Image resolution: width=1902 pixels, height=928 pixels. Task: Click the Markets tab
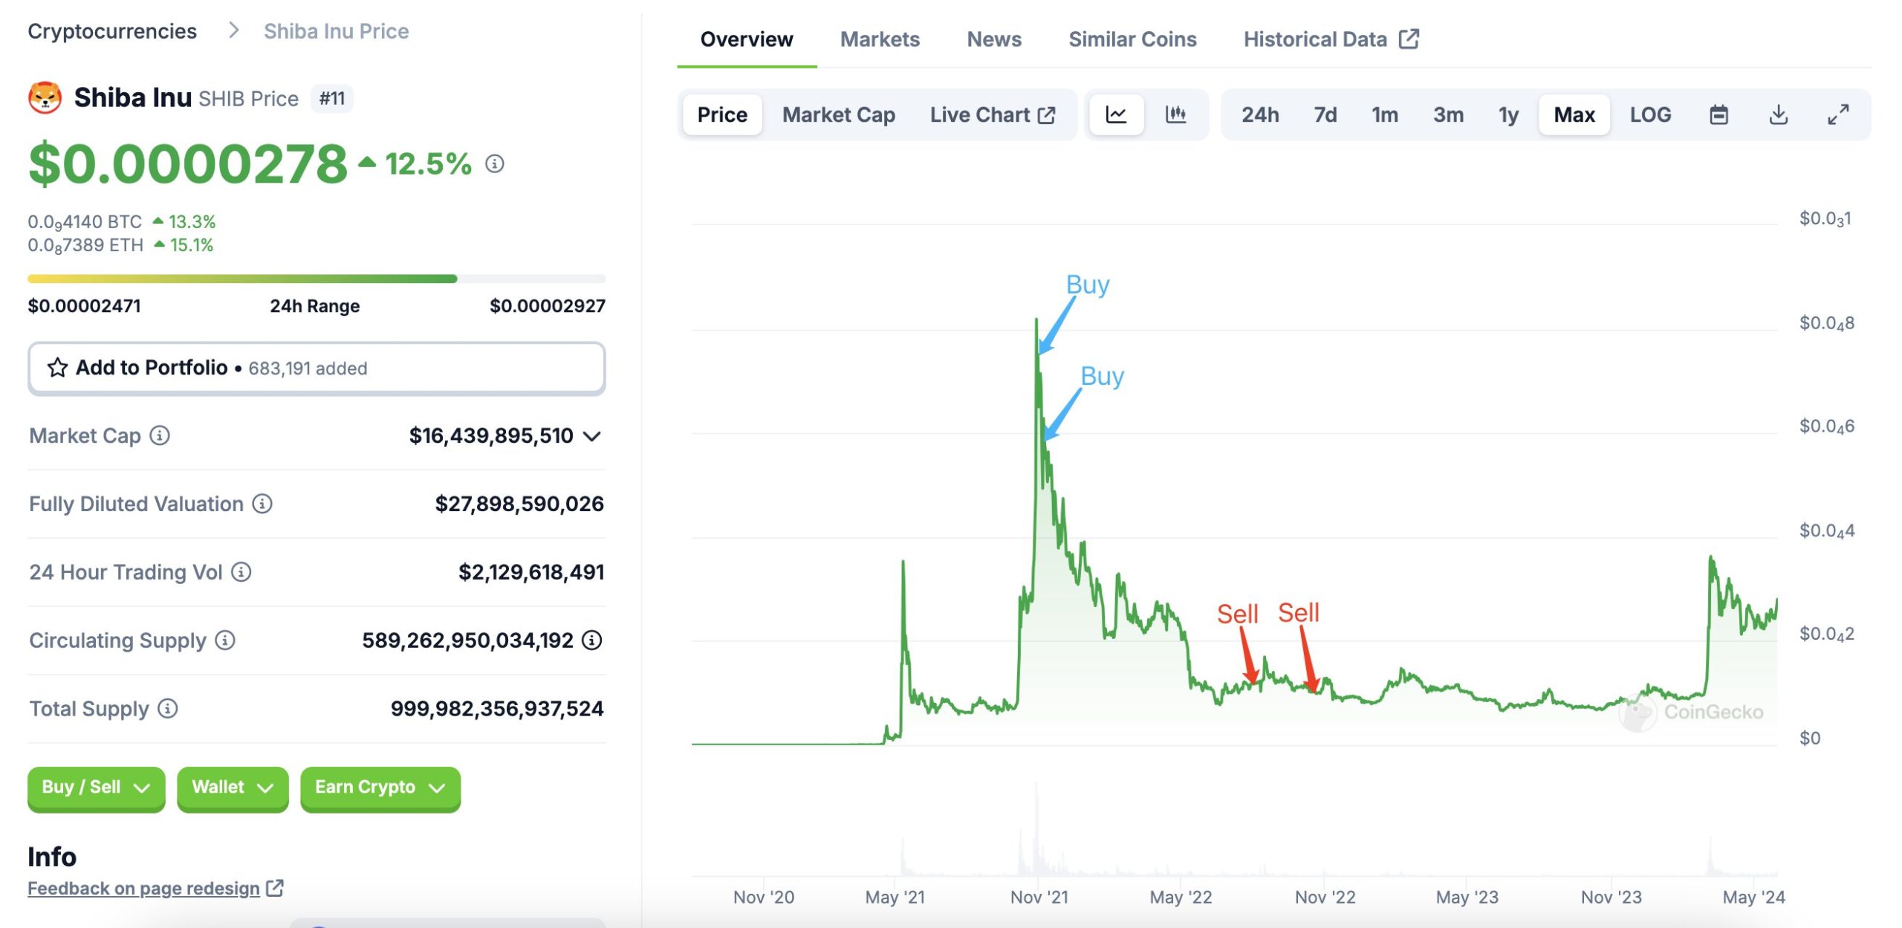(880, 39)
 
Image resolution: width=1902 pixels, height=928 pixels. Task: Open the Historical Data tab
(1331, 39)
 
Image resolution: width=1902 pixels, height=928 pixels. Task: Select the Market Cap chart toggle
(838, 115)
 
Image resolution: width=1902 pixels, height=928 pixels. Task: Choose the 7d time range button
(1325, 115)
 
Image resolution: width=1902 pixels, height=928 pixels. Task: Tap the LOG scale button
(1650, 115)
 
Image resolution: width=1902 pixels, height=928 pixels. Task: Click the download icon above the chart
(1778, 115)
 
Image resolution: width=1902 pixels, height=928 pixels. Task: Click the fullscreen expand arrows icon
(1838, 115)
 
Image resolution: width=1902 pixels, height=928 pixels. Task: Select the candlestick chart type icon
(1175, 114)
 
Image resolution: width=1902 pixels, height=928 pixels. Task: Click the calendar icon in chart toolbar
(1718, 115)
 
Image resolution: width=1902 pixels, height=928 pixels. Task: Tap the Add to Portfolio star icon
(57, 368)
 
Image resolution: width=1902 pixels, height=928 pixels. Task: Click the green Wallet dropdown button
(233, 788)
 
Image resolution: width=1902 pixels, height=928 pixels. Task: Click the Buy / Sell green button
(96, 788)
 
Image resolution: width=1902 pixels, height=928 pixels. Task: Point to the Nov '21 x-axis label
(1039, 898)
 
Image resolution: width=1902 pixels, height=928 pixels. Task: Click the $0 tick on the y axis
(1810, 738)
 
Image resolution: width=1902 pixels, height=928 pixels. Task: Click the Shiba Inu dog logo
(45, 98)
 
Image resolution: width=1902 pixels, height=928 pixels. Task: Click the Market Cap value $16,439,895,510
(491, 435)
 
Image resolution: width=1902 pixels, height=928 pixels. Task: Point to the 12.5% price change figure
(428, 164)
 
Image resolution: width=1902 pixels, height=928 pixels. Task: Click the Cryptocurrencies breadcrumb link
(112, 31)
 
